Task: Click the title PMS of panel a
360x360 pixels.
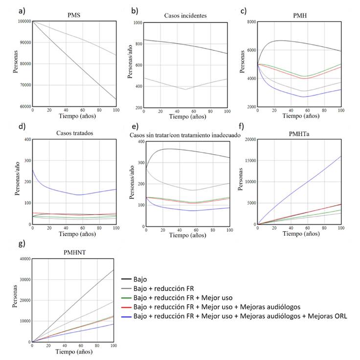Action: pos(74,15)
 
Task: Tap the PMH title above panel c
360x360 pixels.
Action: pos(300,15)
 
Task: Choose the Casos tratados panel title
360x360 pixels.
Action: pos(74,133)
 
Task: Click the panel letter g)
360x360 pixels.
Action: pos(8,244)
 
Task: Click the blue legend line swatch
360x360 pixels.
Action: pos(128,316)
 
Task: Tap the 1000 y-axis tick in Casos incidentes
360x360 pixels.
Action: pos(136,23)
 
